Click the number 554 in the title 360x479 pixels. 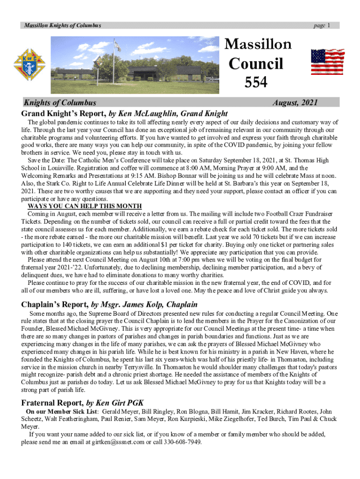256,82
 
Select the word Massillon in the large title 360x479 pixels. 258,44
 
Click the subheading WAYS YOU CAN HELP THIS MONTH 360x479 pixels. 85,206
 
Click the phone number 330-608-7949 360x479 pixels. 182,442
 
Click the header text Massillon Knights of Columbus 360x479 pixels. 63,25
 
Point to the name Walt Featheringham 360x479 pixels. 77,419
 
